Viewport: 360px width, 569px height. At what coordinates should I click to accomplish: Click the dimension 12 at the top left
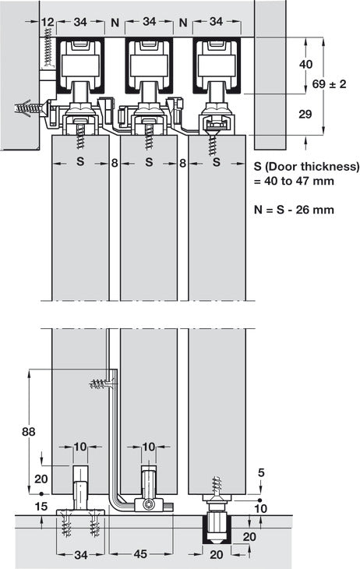click(48, 23)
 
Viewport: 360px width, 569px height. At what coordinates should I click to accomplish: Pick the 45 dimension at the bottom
click(139, 555)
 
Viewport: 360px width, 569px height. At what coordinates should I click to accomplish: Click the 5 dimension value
click(261, 472)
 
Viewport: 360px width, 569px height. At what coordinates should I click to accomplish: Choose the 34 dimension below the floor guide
click(80, 555)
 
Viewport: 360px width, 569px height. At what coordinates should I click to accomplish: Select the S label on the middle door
click(148, 164)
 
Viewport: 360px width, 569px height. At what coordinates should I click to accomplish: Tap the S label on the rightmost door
click(217, 164)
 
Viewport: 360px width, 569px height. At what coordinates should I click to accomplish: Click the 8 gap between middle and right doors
click(182, 164)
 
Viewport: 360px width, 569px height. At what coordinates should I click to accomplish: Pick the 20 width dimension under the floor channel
click(217, 555)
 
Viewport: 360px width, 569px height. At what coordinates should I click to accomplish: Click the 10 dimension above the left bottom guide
click(80, 447)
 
